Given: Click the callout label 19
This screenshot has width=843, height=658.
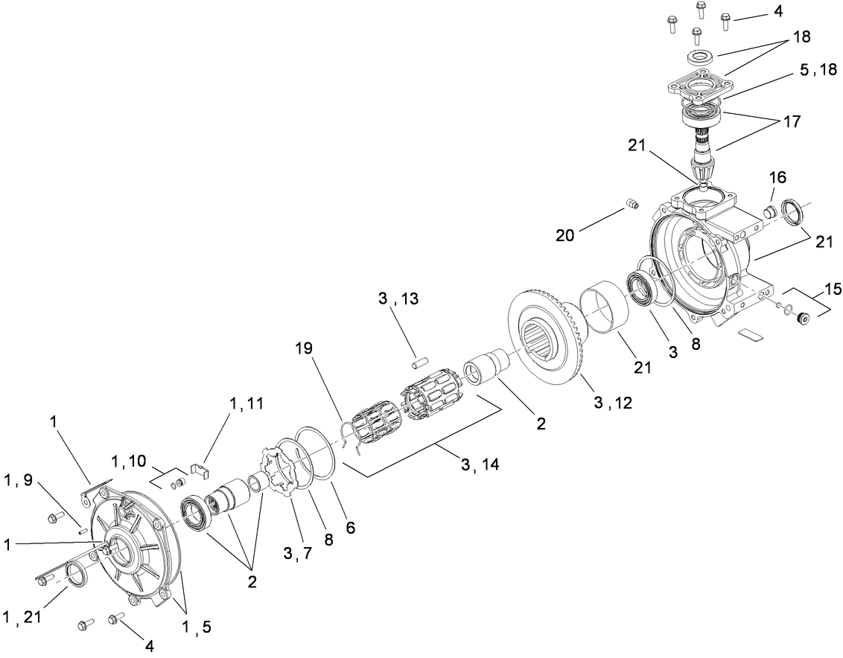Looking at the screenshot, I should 303,348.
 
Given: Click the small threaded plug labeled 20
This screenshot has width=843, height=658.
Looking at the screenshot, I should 632,204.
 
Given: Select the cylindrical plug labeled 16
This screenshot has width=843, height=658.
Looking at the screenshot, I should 772,213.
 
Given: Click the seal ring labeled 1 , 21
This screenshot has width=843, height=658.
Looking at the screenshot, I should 76,574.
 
